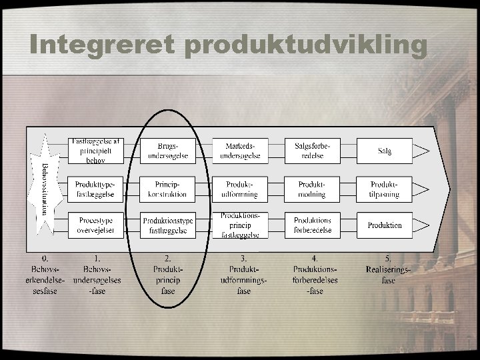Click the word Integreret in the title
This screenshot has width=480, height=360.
[x=101, y=44]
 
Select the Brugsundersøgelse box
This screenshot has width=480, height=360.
[x=168, y=151]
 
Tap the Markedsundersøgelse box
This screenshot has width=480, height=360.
[x=240, y=151]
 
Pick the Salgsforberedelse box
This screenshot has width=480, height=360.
[x=312, y=151]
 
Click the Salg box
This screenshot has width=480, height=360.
[x=385, y=151]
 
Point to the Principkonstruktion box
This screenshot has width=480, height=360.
[x=168, y=189]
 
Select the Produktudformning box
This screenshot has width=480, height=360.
[x=240, y=189]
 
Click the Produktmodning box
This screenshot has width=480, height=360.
[x=312, y=189]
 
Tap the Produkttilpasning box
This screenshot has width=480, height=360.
[x=385, y=189]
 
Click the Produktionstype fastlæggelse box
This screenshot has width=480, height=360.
[x=168, y=225]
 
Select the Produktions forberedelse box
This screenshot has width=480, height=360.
[x=312, y=225]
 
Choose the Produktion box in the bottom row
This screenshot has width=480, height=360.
[x=385, y=225]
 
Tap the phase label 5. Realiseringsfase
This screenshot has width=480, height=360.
[x=389, y=269]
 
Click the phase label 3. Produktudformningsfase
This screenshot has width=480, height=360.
[x=244, y=275]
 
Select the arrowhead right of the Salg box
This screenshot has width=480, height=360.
[x=422, y=151]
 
